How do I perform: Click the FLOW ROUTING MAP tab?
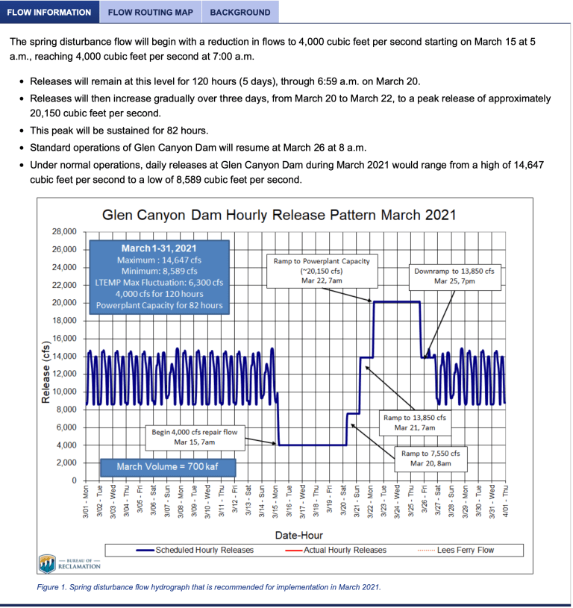click(151, 13)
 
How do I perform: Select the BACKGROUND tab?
click(240, 13)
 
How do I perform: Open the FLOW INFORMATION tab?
click(49, 13)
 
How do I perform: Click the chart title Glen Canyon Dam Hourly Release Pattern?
click(279, 215)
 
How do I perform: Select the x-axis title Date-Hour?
click(297, 535)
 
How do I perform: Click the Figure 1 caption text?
click(209, 587)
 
